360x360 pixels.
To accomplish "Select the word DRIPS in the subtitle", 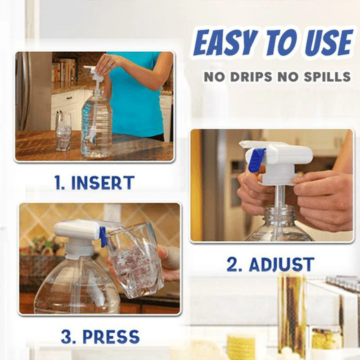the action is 251,76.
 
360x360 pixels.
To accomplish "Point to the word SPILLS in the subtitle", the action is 327,76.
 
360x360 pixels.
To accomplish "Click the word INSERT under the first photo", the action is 103,183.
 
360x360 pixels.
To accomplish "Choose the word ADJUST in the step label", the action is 282,265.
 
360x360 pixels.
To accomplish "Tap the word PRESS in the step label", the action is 111,337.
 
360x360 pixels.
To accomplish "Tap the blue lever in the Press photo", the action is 103,238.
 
